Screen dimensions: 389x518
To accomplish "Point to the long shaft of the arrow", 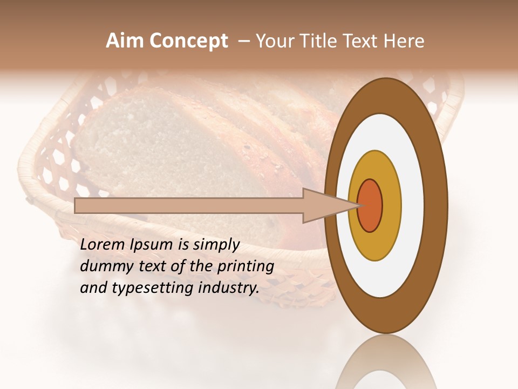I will point(189,205).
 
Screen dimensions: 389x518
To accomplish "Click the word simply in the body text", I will point(216,245).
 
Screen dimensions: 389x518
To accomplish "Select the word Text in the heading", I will point(364,41).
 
